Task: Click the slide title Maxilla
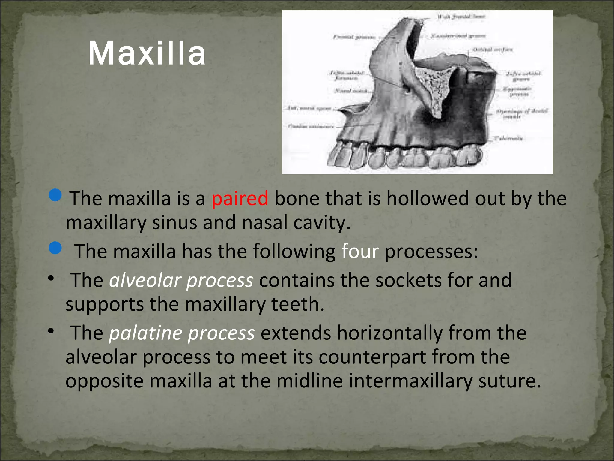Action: [147, 53]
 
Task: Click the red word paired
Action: [240, 199]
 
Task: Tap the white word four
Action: [360, 251]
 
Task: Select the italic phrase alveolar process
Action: [181, 280]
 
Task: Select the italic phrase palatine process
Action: [182, 333]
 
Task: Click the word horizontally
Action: [389, 333]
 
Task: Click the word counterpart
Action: [372, 357]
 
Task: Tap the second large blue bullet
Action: [55, 248]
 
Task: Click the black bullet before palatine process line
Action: [51, 331]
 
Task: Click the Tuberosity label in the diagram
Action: [508, 138]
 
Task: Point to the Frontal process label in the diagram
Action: [354, 37]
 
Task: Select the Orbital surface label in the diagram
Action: [493, 50]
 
